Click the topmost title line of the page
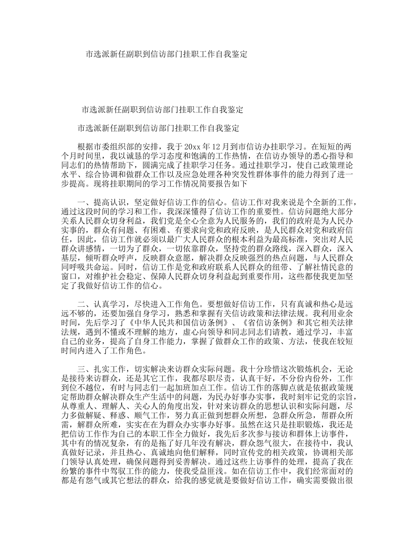pyautogui.click(x=166, y=54)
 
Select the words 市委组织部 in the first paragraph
pyautogui.click(x=114, y=146)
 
